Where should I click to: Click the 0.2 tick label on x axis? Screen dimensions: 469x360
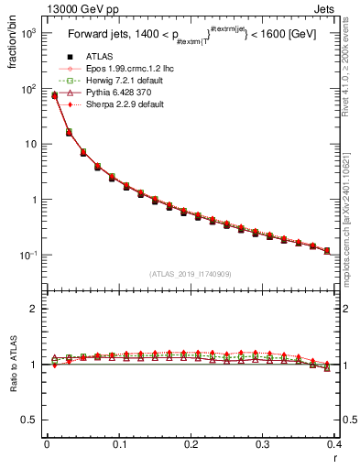[x=191, y=444]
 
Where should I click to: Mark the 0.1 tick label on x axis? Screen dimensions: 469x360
[x=119, y=444]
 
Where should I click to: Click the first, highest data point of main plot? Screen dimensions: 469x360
[x=54, y=94]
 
